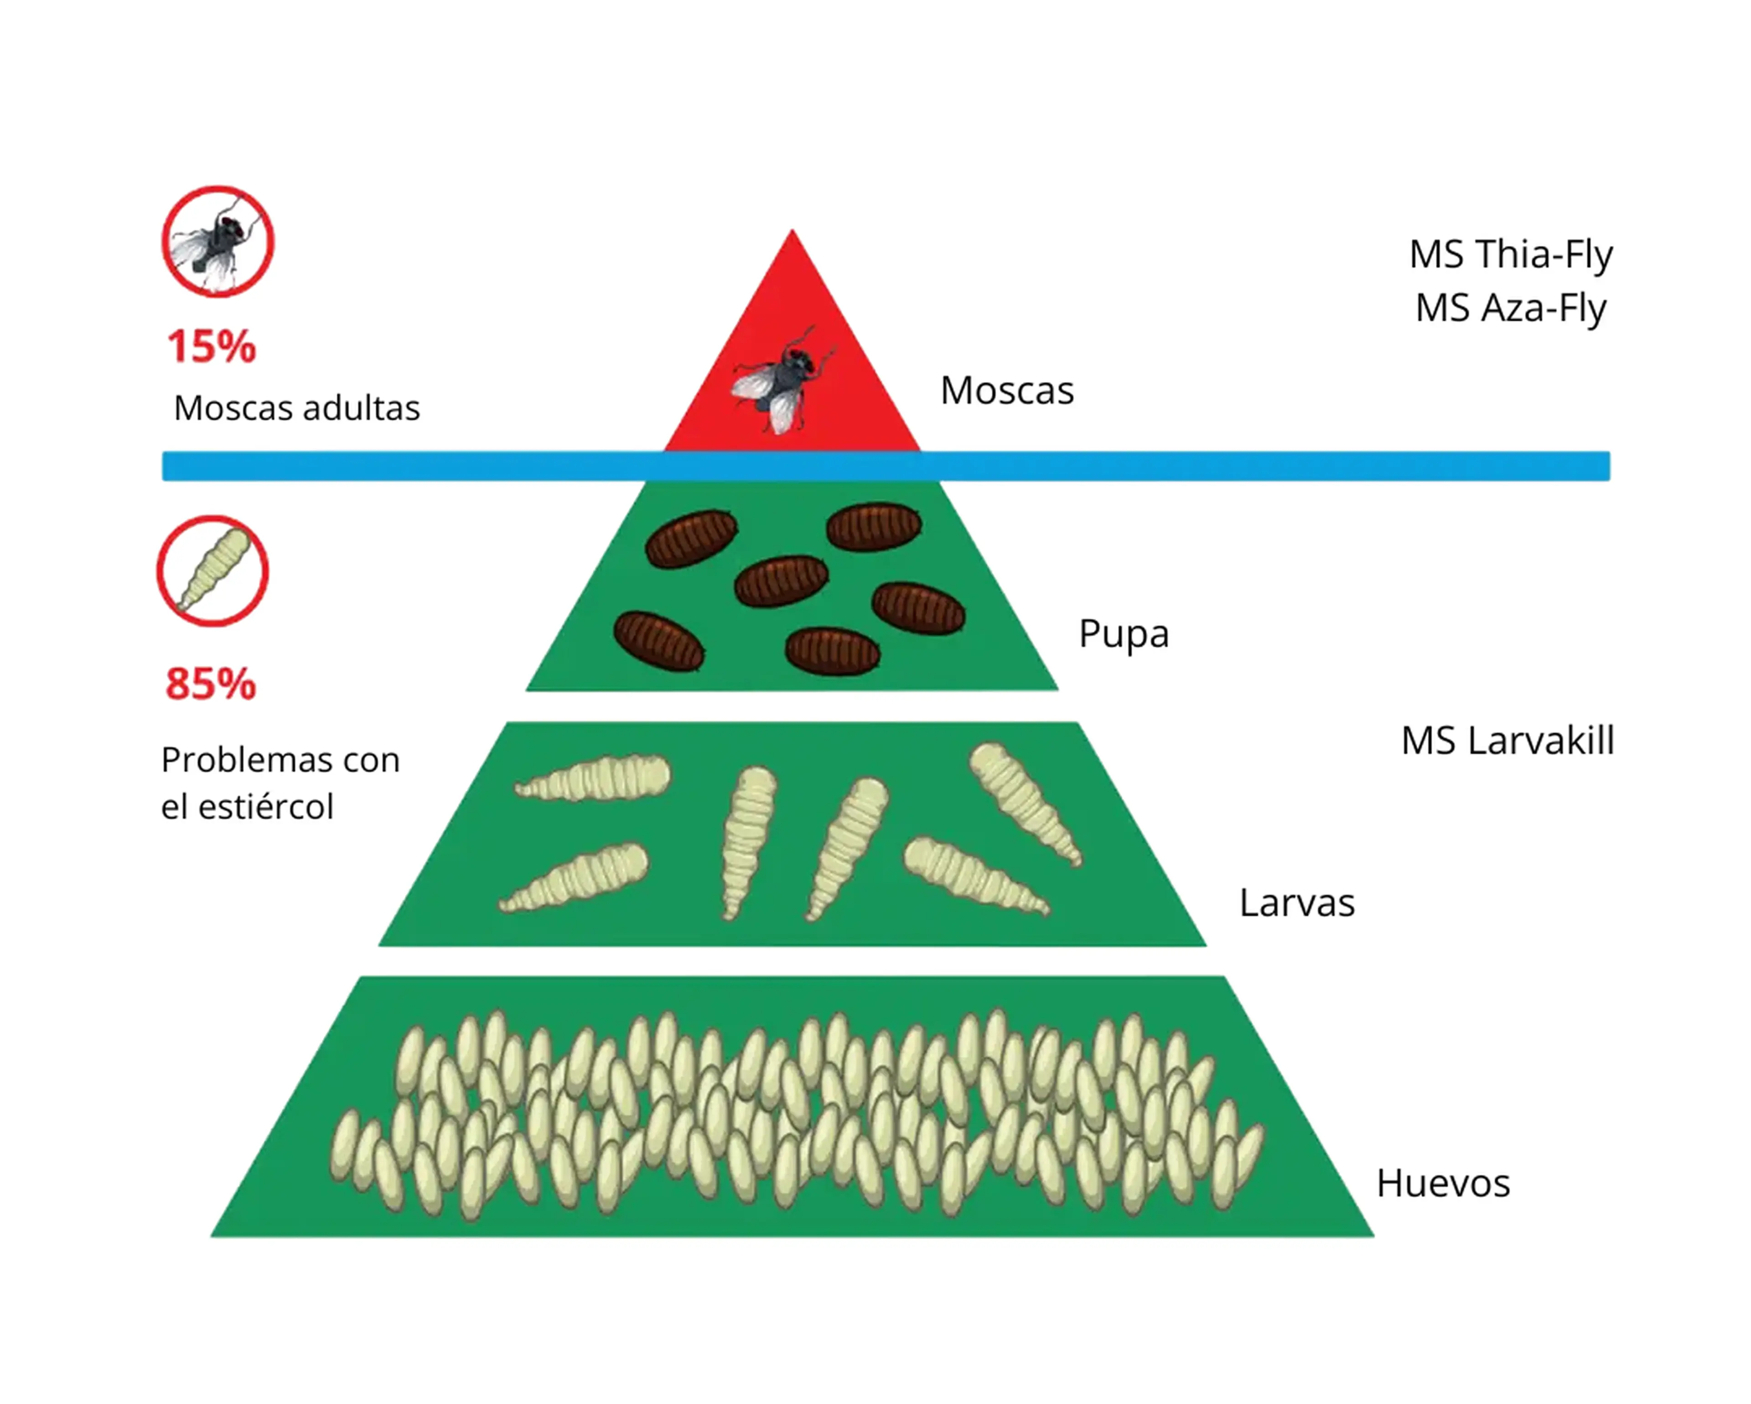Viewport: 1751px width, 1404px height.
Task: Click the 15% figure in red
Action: coord(211,347)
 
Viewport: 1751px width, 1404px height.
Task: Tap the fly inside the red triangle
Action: coord(782,379)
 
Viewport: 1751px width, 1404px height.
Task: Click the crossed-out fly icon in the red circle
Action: coord(218,242)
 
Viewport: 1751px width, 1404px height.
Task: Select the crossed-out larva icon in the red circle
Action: coord(213,571)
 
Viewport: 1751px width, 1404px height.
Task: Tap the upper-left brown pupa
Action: coord(691,539)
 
